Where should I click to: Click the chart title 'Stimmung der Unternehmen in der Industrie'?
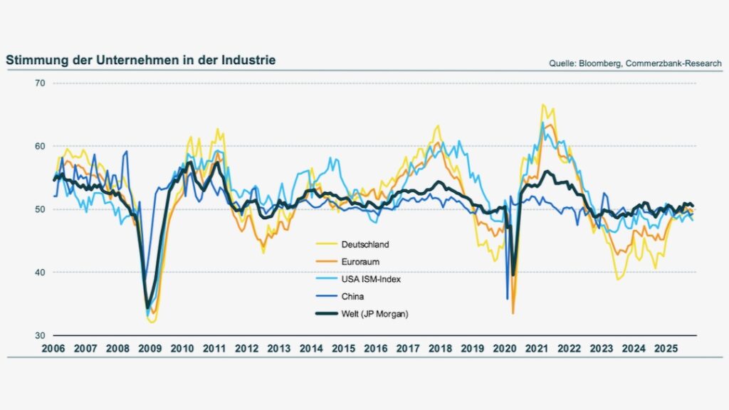point(140,61)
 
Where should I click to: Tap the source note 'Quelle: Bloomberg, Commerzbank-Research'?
point(635,63)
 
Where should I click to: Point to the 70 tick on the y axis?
point(39,83)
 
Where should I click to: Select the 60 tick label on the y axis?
point(39,146)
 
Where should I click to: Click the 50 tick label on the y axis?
point(39,209)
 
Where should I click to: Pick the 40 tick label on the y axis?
point(39,272)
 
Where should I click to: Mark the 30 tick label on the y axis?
point(39,335)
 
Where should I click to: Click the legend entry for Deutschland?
point(366,244)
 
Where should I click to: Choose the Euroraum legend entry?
point(362,262)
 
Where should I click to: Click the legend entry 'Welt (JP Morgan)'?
point(376,314)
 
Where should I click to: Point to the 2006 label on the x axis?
point(53,349)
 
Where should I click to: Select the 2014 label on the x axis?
point(312,349)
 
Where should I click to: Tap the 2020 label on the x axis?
point(505,349)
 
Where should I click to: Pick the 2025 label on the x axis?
point(666,349)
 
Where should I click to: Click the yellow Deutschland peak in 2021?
point(543,105)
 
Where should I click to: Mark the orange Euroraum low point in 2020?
point(513,312)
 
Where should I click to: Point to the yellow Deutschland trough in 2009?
point(152,322)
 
